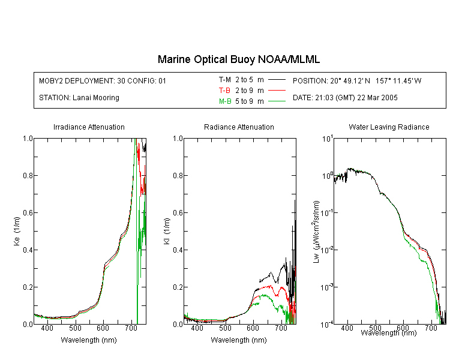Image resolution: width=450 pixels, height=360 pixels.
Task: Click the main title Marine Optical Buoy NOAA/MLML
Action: (x=238, y=59)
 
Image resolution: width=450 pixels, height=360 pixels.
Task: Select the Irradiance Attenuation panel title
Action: (x=89, y=127)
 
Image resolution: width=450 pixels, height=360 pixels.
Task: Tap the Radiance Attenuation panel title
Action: (x=239, y=127)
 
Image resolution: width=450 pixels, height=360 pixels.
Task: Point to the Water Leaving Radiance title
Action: (x=389, y=127)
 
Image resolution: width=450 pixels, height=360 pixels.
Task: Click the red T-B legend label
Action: (x=224, y=91)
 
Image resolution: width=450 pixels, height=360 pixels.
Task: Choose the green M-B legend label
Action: (x=225, y=101)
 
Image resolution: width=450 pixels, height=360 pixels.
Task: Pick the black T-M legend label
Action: (x=225, y=80)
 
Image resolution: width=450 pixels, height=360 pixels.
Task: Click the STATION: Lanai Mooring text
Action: (x=79, y=98)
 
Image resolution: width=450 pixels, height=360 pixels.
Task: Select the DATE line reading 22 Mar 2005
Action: (x=345, y=98)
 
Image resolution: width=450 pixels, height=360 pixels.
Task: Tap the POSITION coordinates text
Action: (x=357, y=80)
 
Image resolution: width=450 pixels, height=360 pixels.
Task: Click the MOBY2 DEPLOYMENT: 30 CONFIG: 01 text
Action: (x=103, y=80)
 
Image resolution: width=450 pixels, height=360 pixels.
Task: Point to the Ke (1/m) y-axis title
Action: (x=17, y=231)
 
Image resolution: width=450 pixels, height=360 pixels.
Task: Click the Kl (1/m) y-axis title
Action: (x=167, y=231)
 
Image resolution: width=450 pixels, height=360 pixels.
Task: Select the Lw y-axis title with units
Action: (x=317, y=232)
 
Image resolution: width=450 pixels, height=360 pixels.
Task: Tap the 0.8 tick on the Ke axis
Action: (x=28, y=175)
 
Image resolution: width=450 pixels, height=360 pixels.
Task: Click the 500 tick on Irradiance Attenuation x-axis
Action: (x=75, y=328)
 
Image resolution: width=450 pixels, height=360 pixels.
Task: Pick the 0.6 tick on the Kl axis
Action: (x=178, y=213)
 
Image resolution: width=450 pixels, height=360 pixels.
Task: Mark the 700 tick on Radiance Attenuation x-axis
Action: (x=281, y=328)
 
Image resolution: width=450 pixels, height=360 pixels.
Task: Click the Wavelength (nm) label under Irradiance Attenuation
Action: (x=89, y=340)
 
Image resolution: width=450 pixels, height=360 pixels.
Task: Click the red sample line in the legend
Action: (x=277, y=91)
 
